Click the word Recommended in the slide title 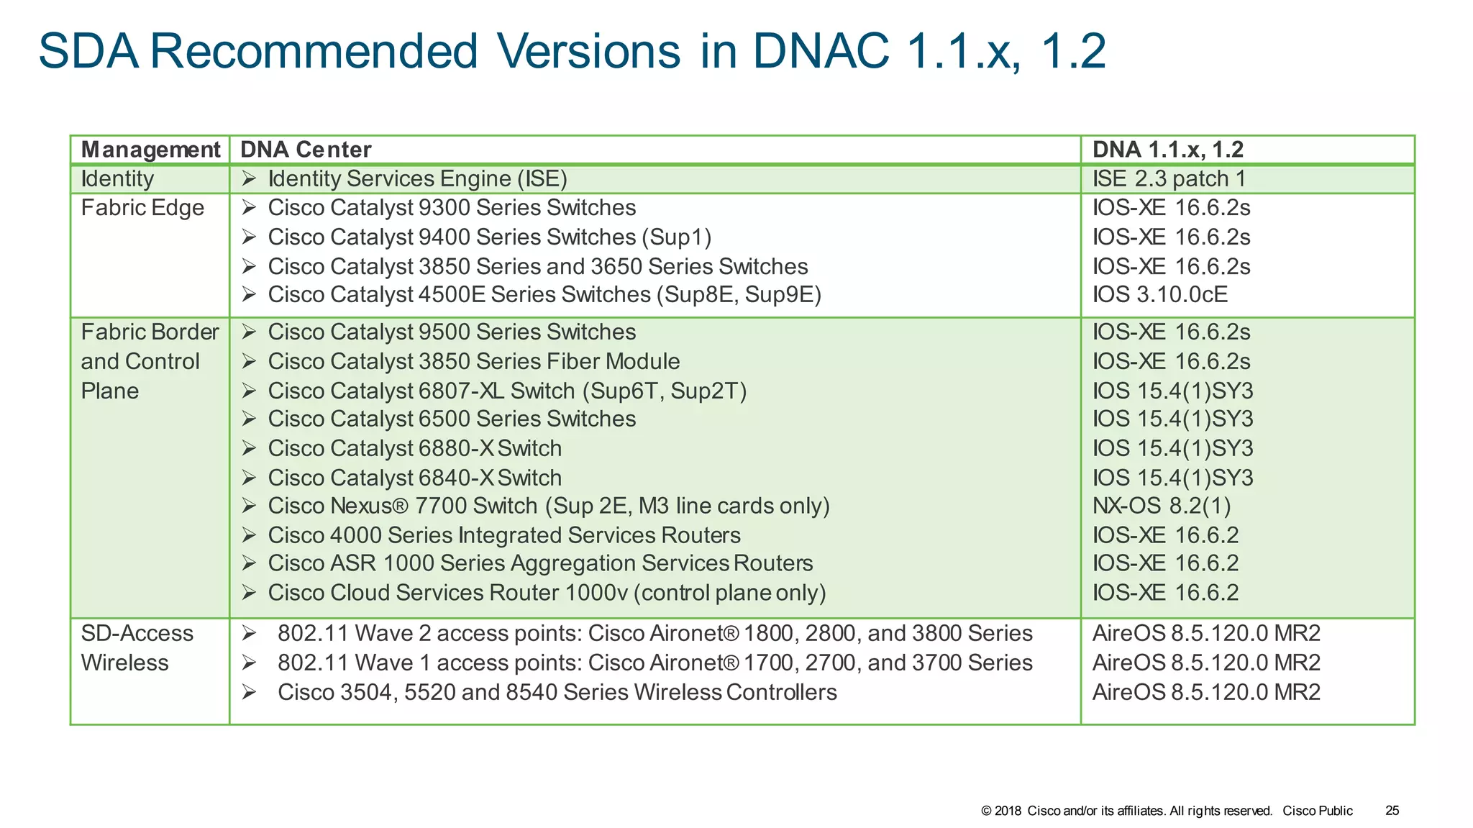pyautogui.click(x=314, y=51)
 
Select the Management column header pyautogui.click(x=150, y=150)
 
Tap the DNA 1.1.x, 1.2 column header pyautogui.click(x=1167, y=150)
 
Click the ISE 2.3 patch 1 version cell pyautogui.click(x=1169, y=179)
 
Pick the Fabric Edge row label pyautogui.click(x=142, y=208)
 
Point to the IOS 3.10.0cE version pyautogui.click(x=1159, y=295)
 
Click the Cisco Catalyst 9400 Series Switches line pyautogui.click(x=489, y=237)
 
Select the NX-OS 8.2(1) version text pyautogui.click(x=1161, y=506)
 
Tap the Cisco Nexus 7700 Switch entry pyautogui.click(x=548, y=506)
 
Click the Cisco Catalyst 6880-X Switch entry pyautogui.click(x=414, y=449)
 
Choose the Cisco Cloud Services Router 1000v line pyautogui.click(x=547, y=593)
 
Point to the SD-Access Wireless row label pyautogui.click(x=137, y=648)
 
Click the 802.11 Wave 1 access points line pyautogui.click(x=655, y=663)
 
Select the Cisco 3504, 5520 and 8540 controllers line pyautogui.click(x=557, y=692)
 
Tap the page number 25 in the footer pyautogui.click(x=1392, y=811)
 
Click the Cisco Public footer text pyautogui.click(x=1317, y=811)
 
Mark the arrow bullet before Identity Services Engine pyautogui.click(x=249, y=178)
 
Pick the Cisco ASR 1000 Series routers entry pyautogui.click(x=540, y=563)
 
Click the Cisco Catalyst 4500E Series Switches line pyautogui.click(x=544, y=295)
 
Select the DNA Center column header pyautogui.click(x=306, y=150)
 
